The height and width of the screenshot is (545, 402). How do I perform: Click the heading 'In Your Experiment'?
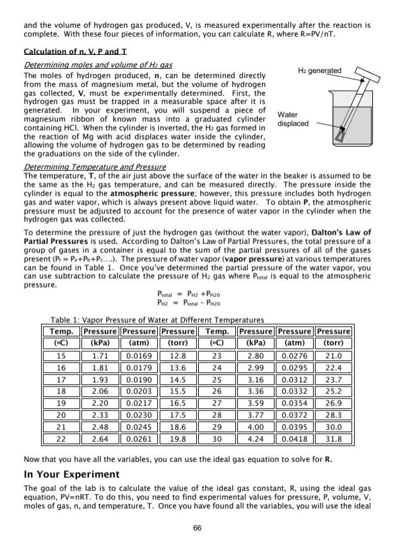click(71, 474)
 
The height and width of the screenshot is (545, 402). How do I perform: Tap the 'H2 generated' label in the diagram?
click(319, 71)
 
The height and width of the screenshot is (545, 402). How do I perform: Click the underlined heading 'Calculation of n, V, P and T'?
click(70, 51)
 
